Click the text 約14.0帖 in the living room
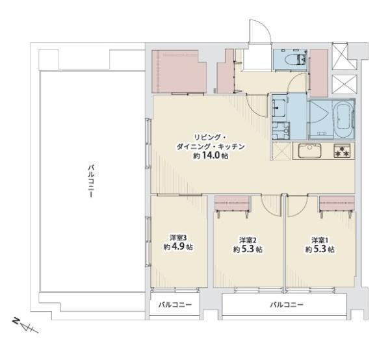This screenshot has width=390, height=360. [211, 156]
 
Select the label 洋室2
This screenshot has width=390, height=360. [248, 240]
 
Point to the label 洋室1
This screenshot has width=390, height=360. [320, 240]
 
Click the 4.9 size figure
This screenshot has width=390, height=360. [179, 247]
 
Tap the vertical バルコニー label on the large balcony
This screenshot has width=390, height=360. [91, 180]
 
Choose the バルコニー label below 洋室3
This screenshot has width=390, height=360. [175, 305]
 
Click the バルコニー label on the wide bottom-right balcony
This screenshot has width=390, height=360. [287, 305]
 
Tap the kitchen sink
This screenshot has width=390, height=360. [310, 150]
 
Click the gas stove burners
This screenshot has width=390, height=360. [342, 151]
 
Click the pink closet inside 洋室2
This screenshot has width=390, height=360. [232, 203]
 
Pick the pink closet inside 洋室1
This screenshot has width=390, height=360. [337, 203]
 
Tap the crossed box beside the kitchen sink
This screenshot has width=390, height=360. [281, 151]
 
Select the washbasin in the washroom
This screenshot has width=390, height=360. [279, 107]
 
